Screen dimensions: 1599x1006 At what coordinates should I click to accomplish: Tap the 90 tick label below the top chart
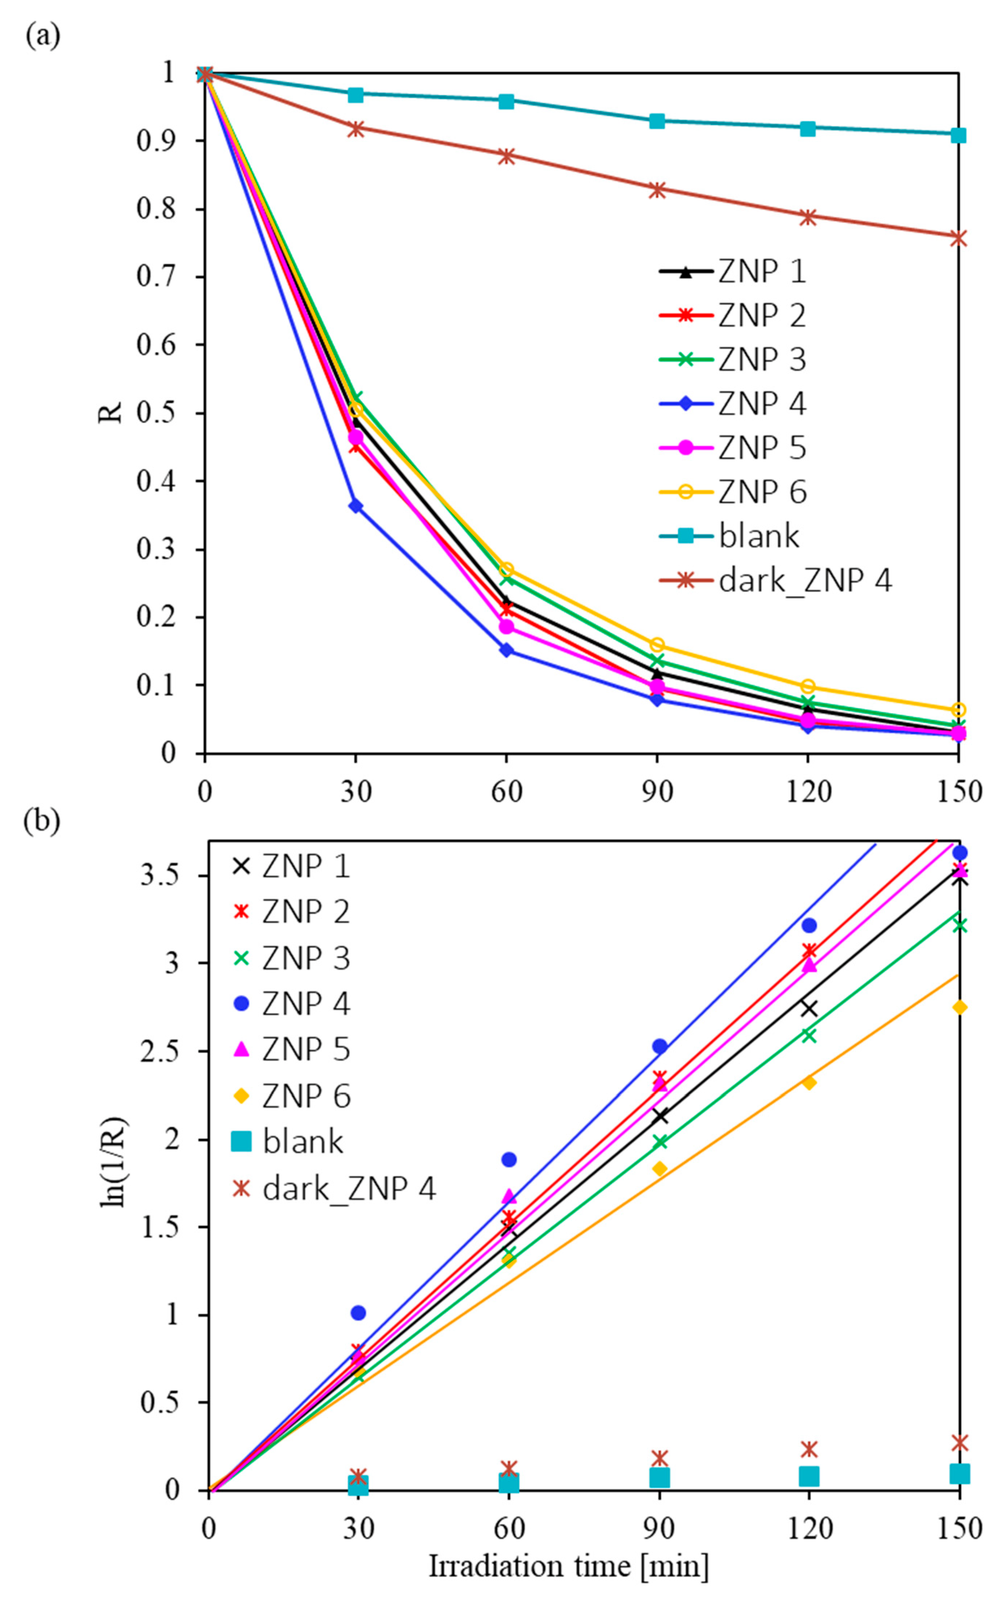point(657,792)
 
